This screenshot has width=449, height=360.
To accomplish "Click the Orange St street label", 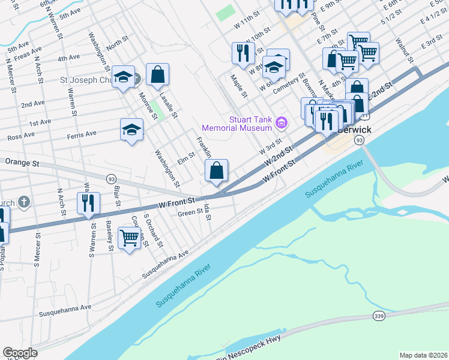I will pyautogui.click(x=22, y=162).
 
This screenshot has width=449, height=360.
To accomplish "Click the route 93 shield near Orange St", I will pyautogui.click(x=111, y=179).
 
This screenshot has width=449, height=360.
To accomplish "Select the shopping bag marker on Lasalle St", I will pyautogui.click(x=157, y=76).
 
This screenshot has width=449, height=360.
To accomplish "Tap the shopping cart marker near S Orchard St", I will pyautogui.click(x=130, y=239).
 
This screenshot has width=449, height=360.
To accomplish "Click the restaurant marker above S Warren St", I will pyautogui.click(x=88, y=203).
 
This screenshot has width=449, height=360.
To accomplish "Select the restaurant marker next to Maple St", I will pyautogui.click(x=243, y=53).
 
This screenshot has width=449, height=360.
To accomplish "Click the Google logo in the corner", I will pyautogui.click(x=20, y=353).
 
